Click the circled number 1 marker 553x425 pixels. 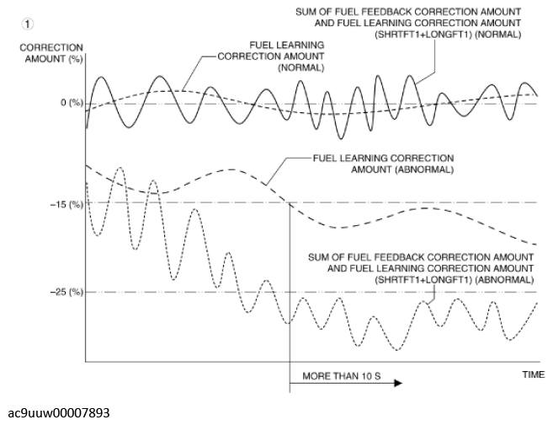(28, 24)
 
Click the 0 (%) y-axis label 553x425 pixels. (72, 103)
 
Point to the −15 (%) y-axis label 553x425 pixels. (67, 205)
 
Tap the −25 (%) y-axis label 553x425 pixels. (67, 292)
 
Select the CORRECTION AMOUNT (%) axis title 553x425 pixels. (51, 53)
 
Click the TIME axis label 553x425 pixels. (534, 374)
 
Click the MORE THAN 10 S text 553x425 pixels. (342, 376)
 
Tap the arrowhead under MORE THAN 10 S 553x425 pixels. (398, 384)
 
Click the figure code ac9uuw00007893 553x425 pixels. (59, 412)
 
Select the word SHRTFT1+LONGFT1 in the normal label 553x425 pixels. (423, 35)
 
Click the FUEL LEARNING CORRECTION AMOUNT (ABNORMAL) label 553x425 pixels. (383, 164)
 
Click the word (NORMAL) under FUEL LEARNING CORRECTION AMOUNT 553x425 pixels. (301, 67)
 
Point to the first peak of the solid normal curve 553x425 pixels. (102, 77)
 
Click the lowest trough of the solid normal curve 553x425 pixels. (341, 139)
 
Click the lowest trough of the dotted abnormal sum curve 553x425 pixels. (397, 350)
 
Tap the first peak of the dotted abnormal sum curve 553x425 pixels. (120, 168)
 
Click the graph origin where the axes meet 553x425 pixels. (86, 362)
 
